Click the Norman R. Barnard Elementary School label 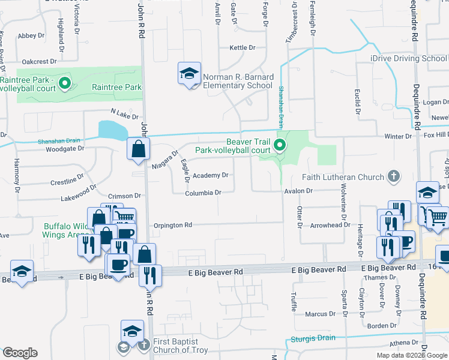coord(238,81)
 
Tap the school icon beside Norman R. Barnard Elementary coord(189,74)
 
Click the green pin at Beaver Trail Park coord(279,145)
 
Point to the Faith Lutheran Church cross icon coord(394,177)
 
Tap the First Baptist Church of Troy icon coord(143,345)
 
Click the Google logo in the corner coord(20,353)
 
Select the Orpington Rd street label coord(172,225)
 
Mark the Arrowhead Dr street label coord(330,225)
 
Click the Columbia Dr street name coord(203,193)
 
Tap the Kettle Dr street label coord(243,47)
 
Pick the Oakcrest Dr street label coord(39,61)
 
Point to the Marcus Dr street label coord(320,314)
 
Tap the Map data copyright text coord(412,355)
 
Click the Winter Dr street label coord(398,137)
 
